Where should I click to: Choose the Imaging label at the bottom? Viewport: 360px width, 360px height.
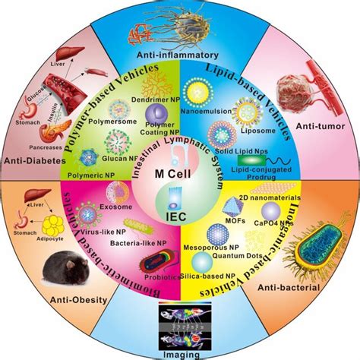coord(179,352)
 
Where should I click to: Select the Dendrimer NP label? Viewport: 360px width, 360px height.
coord(149,107)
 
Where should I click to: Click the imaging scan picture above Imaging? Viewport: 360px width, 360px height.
coord(180,325)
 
